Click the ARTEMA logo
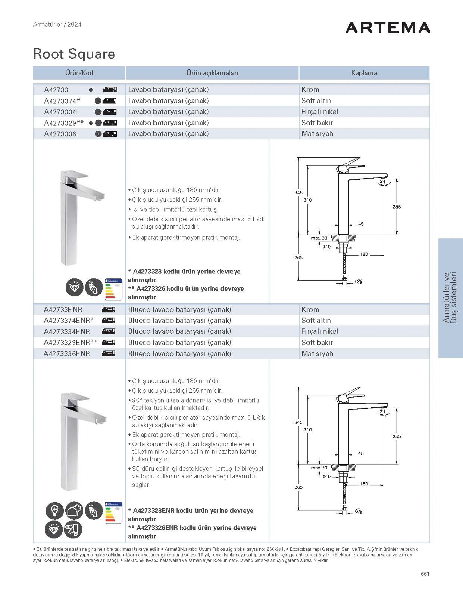click(x=388, y=28)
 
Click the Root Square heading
click(x=74, y=54)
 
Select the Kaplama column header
click(x=364, y=73)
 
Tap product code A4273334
click(x=60, y=112)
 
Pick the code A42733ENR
click(x=63, y=310)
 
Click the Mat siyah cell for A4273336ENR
click(x=317, y=354)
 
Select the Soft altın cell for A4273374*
click(x=316, y=101)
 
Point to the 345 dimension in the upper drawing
click(x=298, y=193)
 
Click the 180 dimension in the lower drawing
click(x=364, y=484)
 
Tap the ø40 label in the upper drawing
click(x=326, y=247)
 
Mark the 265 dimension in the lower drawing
click(x=298, y=487)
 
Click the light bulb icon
click(x=54, y=510)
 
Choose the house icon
click(x=74, y=510)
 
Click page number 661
click(x=425, y=574)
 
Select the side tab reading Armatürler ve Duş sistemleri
click(x=450, y=298)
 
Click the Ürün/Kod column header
click(x=79, y=73)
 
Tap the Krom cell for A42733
click(x=310, y=90)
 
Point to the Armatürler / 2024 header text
click(x=57, y=25)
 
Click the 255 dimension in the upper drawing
click(x=397, y=207)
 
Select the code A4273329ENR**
click(x=71, y=343)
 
